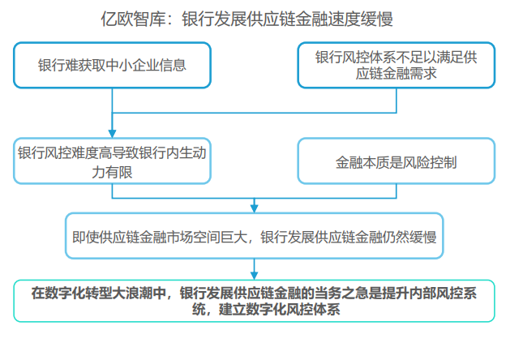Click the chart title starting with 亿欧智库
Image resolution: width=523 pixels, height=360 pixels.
(x=247, y=19)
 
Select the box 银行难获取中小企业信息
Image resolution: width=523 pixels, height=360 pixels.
(x=112, y=65)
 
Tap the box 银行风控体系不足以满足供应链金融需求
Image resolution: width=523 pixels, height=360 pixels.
(x=397, y=65)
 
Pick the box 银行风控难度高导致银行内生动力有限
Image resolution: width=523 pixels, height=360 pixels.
(x=112, y=161)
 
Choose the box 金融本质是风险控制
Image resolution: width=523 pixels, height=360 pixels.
(x=397, y=161)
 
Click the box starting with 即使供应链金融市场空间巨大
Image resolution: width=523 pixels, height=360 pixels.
(x=254, y=236)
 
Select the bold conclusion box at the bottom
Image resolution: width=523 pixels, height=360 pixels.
(x=254, y=301)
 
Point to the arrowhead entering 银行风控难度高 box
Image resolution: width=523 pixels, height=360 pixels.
(x=112, y=134)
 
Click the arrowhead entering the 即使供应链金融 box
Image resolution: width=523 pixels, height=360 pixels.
(x=254, y=208)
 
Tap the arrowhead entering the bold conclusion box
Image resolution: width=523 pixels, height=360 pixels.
(x=254, y=276)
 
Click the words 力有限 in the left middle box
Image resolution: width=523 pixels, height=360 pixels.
(x=112, y=172)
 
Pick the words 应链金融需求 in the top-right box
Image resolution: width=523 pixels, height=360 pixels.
(x=397, y=74)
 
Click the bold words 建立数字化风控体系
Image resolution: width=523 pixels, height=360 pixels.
(x=280, y=309)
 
